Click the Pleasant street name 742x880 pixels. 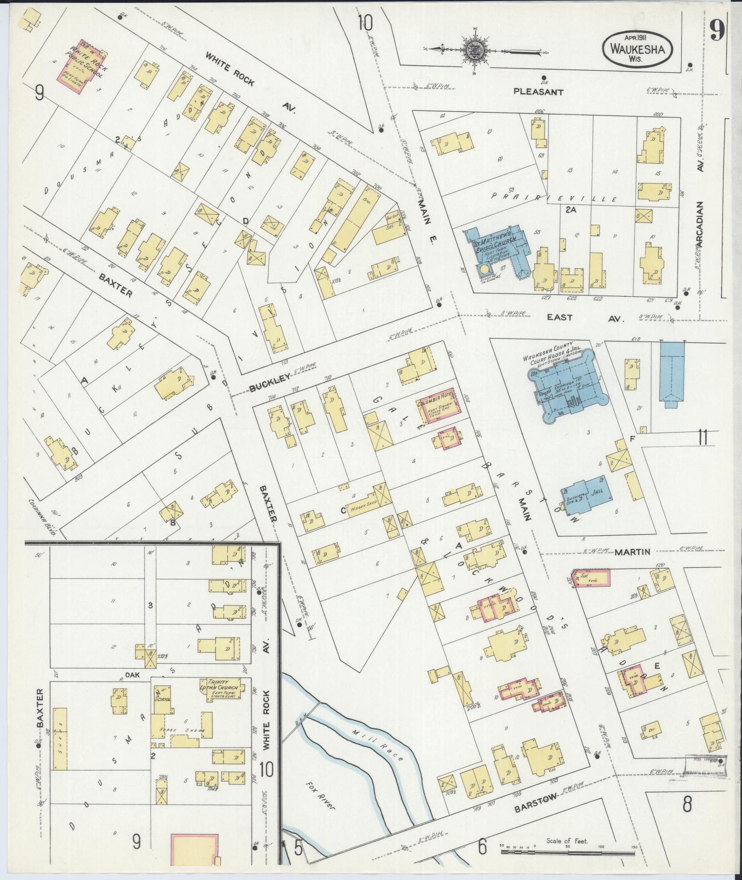(x=538, y=92)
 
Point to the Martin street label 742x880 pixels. (x=632, y=552)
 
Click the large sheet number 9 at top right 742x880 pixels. (x=716, y=33)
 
